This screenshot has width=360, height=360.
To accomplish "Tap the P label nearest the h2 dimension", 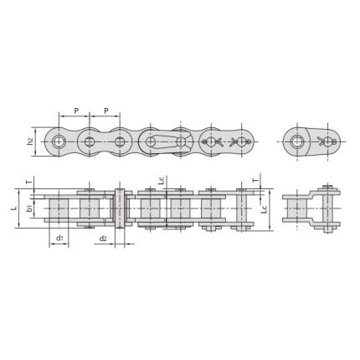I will pos(76,110).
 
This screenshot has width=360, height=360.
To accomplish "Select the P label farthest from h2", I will pos(106,110).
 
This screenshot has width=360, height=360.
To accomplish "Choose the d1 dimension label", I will pos(60,239).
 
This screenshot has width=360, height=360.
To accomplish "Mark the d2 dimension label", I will pos(100,239).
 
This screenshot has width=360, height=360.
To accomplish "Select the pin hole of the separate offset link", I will pos(296,141).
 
